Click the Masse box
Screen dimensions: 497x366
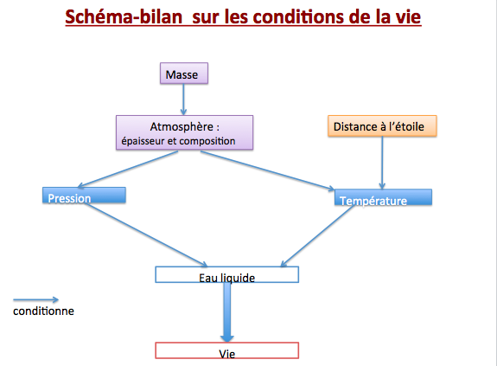click(184, 74)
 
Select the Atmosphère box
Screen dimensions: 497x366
click(184, 132)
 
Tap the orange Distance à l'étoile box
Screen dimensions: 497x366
click(382, 126)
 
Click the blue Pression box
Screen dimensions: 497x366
click(84, 195)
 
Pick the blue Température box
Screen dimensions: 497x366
click(383, 197)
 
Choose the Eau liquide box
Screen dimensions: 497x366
click(227, 274)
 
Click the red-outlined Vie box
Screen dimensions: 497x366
click(227, 350)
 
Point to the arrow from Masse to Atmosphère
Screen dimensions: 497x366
click(183, 100)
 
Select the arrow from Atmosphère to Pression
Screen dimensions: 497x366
click(127, 170)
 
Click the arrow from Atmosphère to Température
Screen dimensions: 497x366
click(268, 171)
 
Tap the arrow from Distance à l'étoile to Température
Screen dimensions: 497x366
click(382, 163)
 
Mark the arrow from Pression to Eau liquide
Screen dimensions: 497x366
click(146, 234)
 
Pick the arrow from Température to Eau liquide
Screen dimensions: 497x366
click(317, 235)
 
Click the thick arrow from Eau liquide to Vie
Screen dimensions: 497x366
click(227, 312)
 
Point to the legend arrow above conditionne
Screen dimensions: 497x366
click(35, 299)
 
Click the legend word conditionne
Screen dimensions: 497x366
click(43, 311)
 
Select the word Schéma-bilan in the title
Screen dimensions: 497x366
click(124, 16)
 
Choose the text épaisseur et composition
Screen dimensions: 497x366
click(178, 141)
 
